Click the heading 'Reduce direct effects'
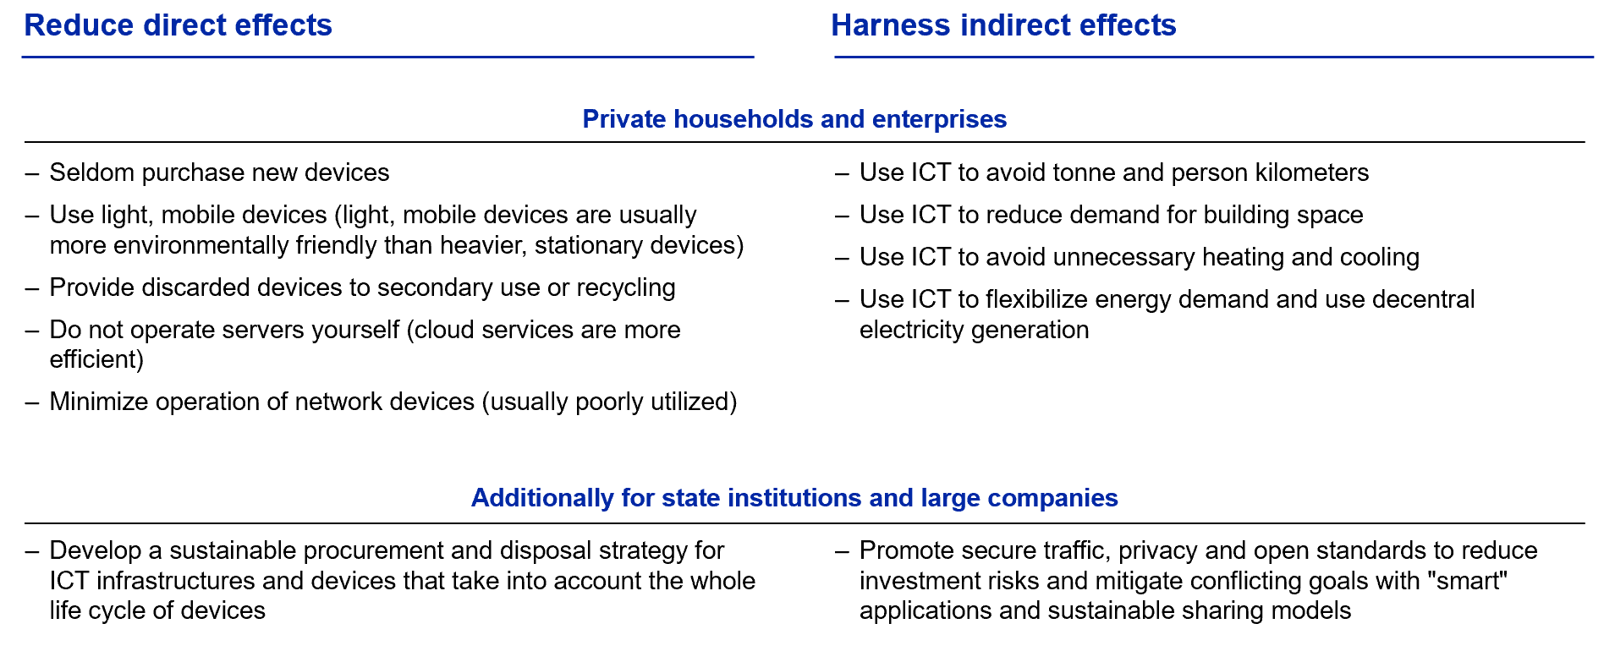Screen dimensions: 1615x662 178,25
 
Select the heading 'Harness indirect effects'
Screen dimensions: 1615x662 1003,25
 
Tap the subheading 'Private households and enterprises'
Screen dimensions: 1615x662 794,119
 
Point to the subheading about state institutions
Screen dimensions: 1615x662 794,498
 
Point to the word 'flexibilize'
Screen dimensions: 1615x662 1037,299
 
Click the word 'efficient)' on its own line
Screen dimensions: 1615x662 96,359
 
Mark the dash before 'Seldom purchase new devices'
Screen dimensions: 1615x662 32,174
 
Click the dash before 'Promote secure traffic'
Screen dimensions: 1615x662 842,552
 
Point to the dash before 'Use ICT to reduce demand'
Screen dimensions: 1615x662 842,216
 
